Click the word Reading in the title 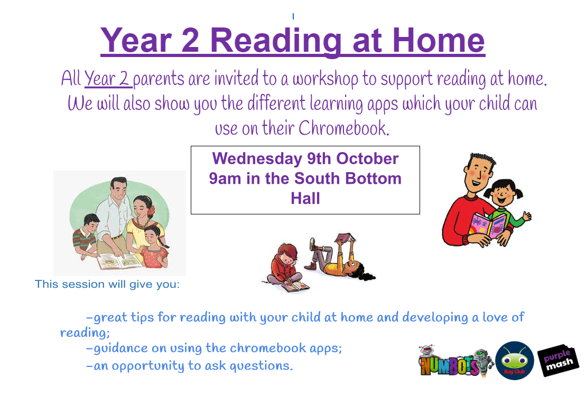276,41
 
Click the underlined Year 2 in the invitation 107,79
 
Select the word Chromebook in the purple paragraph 344,128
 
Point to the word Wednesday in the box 257,159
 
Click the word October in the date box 367,159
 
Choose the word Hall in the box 305,199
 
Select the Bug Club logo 514,361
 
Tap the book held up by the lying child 344,238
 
